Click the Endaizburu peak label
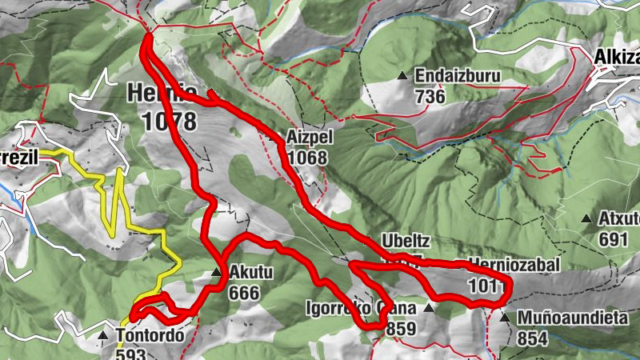pos(457,77)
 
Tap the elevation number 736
pos(430,95)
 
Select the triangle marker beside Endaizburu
pos(402,77)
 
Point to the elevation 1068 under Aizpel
pos(308,158)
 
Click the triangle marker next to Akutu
pos(216,274)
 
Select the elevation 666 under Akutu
pos(243,293)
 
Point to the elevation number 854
pos(532,338)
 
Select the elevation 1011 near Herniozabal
pos(489,284)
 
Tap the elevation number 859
pos(401,328)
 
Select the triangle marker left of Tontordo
pos(102,336)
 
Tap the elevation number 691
pos(613,238)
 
